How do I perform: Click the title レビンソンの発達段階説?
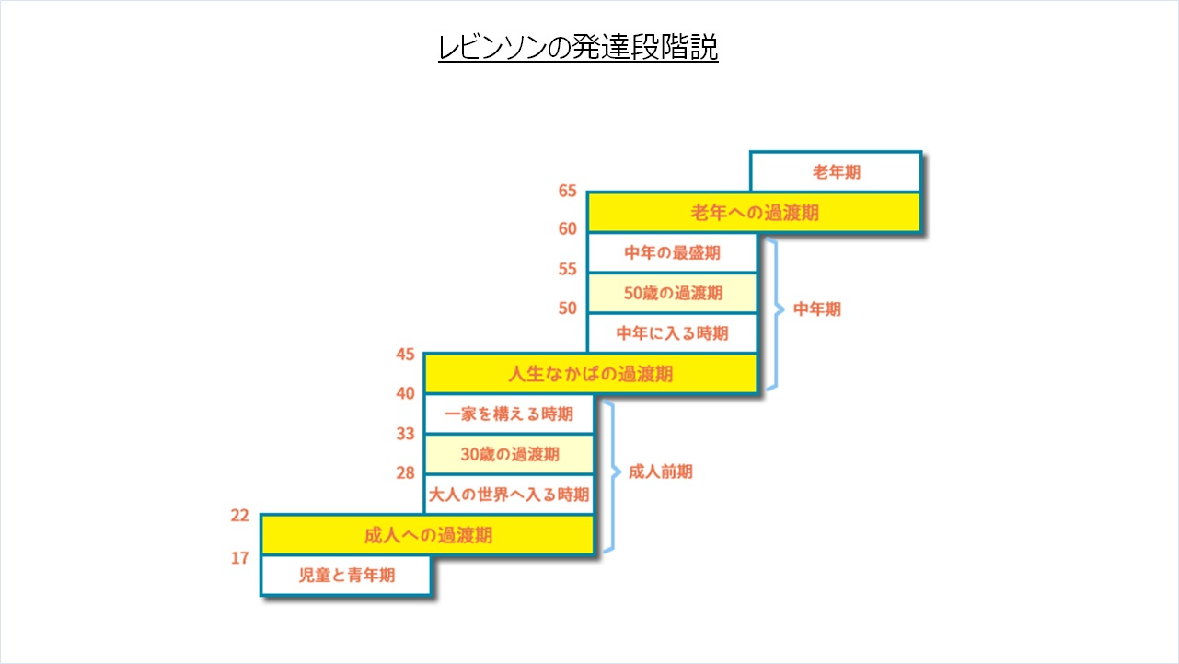pyautogui.click(x=578, y=47)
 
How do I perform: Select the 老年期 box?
pyautogui.click(x=836, y=171)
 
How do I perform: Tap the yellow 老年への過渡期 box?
pyautogui.click(x=754, y=212)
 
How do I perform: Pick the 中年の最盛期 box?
pyautogui.click(x=672, y=252)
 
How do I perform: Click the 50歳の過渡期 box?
pyautogui.click(x=672, y=293)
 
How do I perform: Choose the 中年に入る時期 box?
pyautogui.click(x=672, y=333)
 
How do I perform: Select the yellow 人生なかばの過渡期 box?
pyautogui.click(x=591, y=374)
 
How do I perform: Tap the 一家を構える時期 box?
pyautogui.click(x=509, y=414)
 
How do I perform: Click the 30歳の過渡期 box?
pyautogui.click(x=509, y=454)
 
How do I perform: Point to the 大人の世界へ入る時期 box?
pyautogui.click(x=509, y=495)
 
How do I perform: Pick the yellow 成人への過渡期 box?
pyautogui.click(x=427, y=535)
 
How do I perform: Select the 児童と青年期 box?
pyautogui.click(x=346, y=576)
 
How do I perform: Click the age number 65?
pyautogui.click(x=567, y=191)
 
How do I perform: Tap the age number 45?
pyautogui.click(x=405, y=355)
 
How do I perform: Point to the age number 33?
pyautogui.click(x=405, y=434)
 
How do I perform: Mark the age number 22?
pyautogui.click(x=239, y=516)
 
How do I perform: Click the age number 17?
pyautogui.click(x=239, y=558)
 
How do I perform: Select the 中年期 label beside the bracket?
pyautogui.click(x=817, y=309)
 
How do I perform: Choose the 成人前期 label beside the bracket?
pyautogui.click(x=661, y=472)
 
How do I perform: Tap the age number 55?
pyautogui.click(x=567, y=270)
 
